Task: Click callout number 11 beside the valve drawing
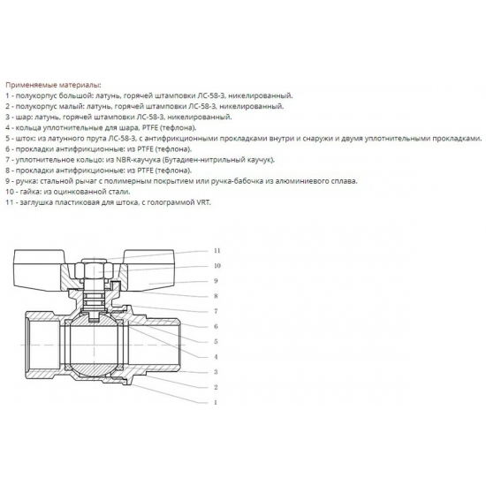[x=216, y=251]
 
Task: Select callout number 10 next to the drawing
[x=216, y=266]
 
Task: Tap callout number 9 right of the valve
[x=216, y=281]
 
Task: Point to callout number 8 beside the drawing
[x=216, y=296]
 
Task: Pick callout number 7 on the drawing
[x=216, y=311]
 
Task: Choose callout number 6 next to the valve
[x=216, y=326]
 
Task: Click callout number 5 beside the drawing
[x=216, y=341]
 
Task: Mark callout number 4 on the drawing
[x=216, y=356]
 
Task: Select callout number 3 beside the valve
[x=216, y=371]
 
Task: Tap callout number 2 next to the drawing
[x=216, y=387]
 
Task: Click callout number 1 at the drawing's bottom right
[x=216, y=402]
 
